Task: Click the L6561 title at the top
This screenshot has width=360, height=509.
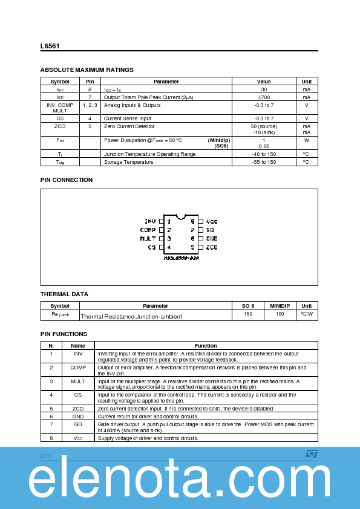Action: coord(50,46)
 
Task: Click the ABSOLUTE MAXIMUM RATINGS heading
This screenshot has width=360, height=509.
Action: coord(87,70)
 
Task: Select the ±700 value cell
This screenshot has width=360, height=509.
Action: coord(264,97)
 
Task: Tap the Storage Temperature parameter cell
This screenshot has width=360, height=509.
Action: coord(128,162)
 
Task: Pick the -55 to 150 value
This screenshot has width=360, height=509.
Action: coord(264,162)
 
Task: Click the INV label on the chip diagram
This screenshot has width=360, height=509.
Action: coord(151,221)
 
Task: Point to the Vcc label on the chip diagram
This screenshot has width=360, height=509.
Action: coord(212,221)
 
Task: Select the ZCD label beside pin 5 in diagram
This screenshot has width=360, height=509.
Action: coord(212,247)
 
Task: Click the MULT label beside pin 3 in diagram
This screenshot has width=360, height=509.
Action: coord(148,239)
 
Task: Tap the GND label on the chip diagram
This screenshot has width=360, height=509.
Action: coord(212,239)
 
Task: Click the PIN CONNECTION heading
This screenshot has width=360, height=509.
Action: coord(67,180)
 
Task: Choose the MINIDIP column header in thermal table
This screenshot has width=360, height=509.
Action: coord(280,306)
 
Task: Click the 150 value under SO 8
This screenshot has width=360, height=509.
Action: coord(248,314)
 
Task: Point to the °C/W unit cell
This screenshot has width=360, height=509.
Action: coord(307,314)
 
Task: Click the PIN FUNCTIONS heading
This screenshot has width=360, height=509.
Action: coord(64,334)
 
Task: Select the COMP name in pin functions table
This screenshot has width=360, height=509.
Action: coord(78,368)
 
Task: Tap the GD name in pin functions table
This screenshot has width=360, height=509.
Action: coord(78,424)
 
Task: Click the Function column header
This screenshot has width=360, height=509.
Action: coord(206,346)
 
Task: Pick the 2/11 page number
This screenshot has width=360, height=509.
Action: coord(45,455)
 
